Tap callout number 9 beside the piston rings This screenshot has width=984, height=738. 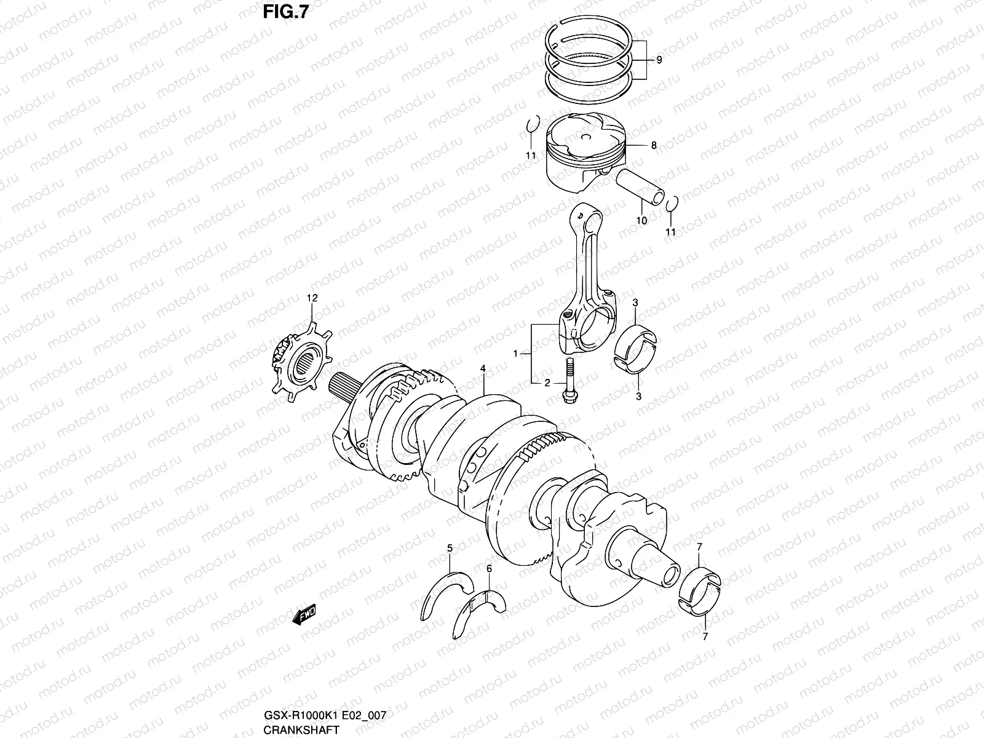(x=659, y=60)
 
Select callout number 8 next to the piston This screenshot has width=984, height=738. (x=653, y=146)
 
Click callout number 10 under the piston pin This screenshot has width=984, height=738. (x=641, y=220)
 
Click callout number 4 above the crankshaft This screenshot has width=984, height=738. (x=483, y=368)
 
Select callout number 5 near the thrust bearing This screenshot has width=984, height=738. (x=450, y=547)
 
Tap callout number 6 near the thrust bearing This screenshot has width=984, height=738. (x=489, y=569)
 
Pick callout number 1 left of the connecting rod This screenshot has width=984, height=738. (x=517, y=354)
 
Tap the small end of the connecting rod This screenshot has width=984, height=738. (x=581, y=215)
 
